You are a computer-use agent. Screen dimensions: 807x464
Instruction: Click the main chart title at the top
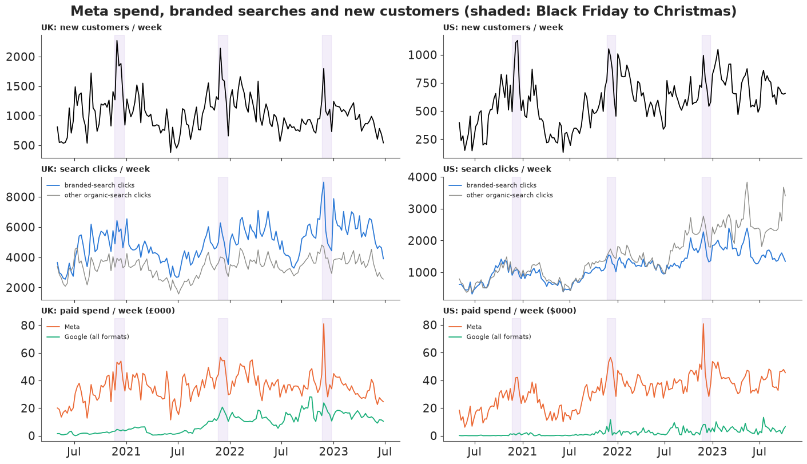404,11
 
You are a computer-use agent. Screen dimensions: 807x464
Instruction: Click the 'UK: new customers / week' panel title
101,27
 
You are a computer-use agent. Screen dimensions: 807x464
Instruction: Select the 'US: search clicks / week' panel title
497,169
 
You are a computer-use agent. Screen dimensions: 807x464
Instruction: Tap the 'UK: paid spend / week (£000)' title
108,311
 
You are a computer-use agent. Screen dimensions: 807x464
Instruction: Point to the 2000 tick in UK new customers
21,57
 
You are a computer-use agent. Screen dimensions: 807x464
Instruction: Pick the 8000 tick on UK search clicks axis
21,197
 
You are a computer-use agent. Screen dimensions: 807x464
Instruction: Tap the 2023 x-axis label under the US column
713,451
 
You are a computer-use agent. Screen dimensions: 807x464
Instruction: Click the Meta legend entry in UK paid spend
63,327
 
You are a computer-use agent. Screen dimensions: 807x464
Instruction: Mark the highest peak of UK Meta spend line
324,324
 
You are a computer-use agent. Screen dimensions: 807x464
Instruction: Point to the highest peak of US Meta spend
703,324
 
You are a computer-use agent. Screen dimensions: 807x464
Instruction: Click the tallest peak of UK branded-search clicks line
324,182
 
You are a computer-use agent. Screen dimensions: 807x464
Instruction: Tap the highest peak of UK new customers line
117,41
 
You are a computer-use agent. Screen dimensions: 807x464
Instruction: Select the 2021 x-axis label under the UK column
126,451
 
